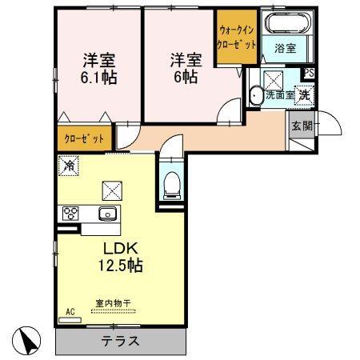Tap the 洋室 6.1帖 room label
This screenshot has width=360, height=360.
[96, 69]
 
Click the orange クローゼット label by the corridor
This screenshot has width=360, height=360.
[85, 139]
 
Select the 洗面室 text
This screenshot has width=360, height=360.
[280, 95]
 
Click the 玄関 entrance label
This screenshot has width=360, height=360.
[302, 126]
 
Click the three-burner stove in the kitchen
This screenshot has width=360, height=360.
[70, 213]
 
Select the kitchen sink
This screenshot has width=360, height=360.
[106, 214]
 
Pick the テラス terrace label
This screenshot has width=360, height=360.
[121, 341]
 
